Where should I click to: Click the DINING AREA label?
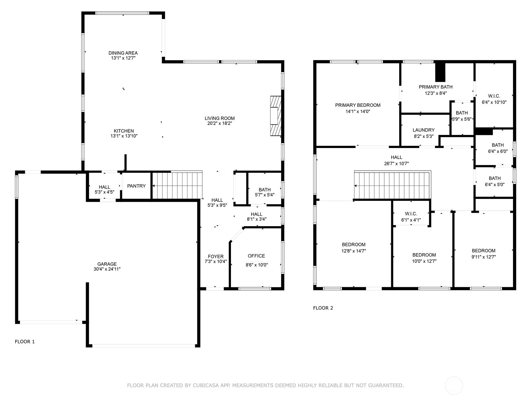[x=123, y=53]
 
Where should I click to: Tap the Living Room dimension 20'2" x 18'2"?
[x=219, y=123]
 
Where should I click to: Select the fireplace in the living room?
[x=275, y=116]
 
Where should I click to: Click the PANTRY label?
[x=136, y=186]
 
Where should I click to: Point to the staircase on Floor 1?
[x=177, y=185]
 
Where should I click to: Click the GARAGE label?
[x=107, y=264]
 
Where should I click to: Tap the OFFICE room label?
[x=256, y=256]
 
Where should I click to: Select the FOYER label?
[x=215, y=256]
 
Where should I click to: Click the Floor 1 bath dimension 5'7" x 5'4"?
[x=265, y=195]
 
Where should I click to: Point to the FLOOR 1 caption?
[x=25, y=341]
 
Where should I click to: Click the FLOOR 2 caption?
[x=323, y=308]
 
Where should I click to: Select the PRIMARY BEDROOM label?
[x=357, y=105]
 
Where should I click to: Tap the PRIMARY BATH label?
[x=435, y=87]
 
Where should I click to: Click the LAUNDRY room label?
[x=423, y=130]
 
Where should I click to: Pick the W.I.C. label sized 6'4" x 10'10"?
[x=494, y=96]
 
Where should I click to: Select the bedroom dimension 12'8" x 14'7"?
[x=353, y=251]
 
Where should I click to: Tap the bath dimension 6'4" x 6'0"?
[x=497, y=151]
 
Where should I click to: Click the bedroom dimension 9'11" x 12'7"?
[x=483, y=257]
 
